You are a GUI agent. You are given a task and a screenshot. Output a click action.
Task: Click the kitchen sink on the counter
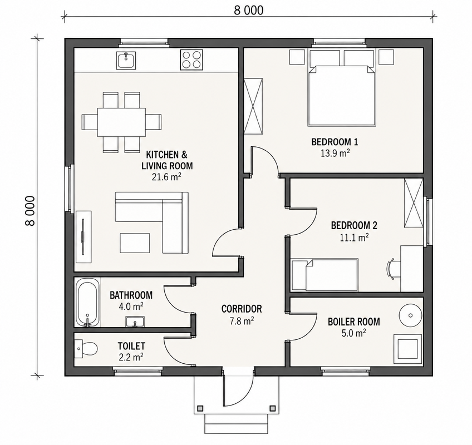click(126, 60)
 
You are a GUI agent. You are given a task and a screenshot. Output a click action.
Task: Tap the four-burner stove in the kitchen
click(191, 60)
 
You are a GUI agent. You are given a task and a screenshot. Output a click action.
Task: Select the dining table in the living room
click(121, 122)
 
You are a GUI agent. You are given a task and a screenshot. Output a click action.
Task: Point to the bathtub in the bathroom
click(87, 303)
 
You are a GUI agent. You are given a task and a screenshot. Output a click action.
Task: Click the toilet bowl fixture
click(86, 349)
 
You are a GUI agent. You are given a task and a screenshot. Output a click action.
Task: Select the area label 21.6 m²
click(166, 177)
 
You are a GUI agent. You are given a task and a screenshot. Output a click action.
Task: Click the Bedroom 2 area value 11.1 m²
click(355, 238)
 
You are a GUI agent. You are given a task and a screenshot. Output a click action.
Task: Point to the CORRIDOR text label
click(242, 309)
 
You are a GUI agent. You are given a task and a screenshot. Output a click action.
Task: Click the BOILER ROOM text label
click(353, 322)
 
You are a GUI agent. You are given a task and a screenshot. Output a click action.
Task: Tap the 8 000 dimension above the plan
click(249, 10)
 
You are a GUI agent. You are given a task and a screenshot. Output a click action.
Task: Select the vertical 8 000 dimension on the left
click(30, 211)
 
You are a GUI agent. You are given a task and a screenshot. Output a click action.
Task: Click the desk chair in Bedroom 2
click(392, 269)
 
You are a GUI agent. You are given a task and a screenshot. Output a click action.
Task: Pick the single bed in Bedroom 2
click(324, 275)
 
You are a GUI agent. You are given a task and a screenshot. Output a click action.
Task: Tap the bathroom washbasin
click(135, 322)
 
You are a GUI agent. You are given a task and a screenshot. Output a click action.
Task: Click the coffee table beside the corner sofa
click(135, 243)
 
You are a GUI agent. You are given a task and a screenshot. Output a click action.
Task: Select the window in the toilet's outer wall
click(137, 370)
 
